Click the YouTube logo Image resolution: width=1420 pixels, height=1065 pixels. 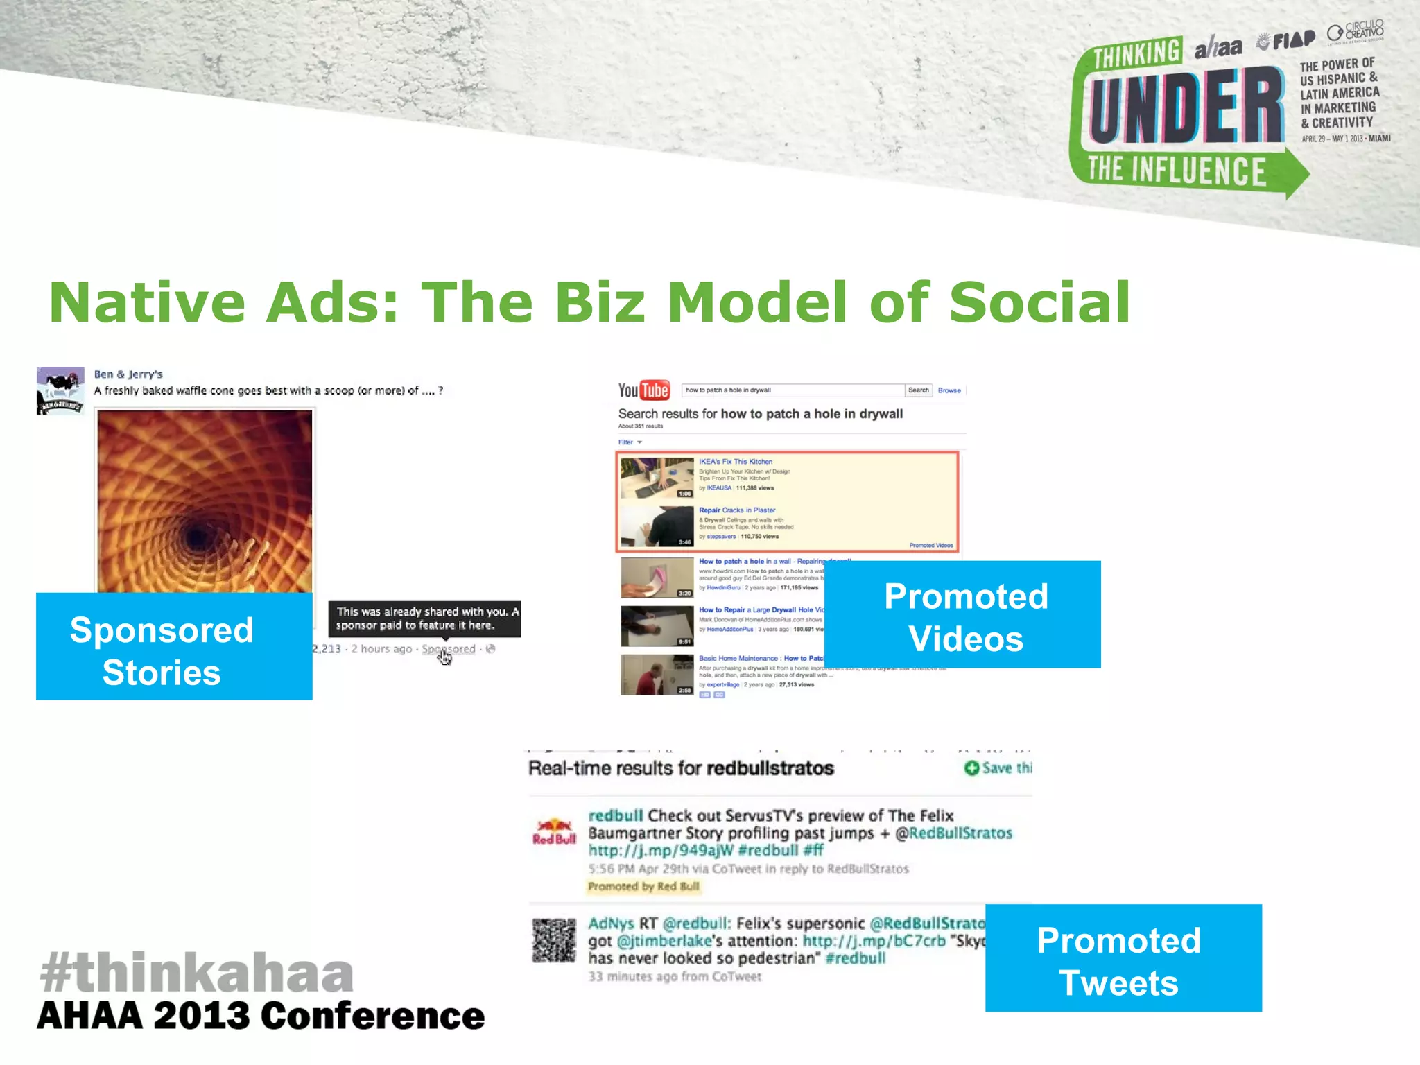point(643,390)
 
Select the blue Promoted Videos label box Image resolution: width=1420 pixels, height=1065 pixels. point(962,614)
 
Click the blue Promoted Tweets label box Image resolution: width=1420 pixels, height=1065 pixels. point(1123,958)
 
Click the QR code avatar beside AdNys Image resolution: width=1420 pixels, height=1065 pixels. point(554,940)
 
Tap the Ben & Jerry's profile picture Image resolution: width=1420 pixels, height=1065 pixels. point(60,390)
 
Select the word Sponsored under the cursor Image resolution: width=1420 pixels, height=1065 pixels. point(449,649)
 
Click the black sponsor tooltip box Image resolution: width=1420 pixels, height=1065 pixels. point(424,618)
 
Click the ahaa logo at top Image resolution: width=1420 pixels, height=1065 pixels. point(1218,48)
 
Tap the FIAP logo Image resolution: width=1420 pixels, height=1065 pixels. point(1287,41)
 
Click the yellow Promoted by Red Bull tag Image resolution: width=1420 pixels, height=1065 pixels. point(643,886)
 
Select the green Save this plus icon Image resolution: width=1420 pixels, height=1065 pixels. point(971,768)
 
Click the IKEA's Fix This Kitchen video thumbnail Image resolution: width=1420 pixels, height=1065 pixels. point(657,478)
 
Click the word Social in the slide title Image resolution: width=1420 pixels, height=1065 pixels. point(1039,302)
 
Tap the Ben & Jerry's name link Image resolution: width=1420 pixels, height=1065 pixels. point(128,374)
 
